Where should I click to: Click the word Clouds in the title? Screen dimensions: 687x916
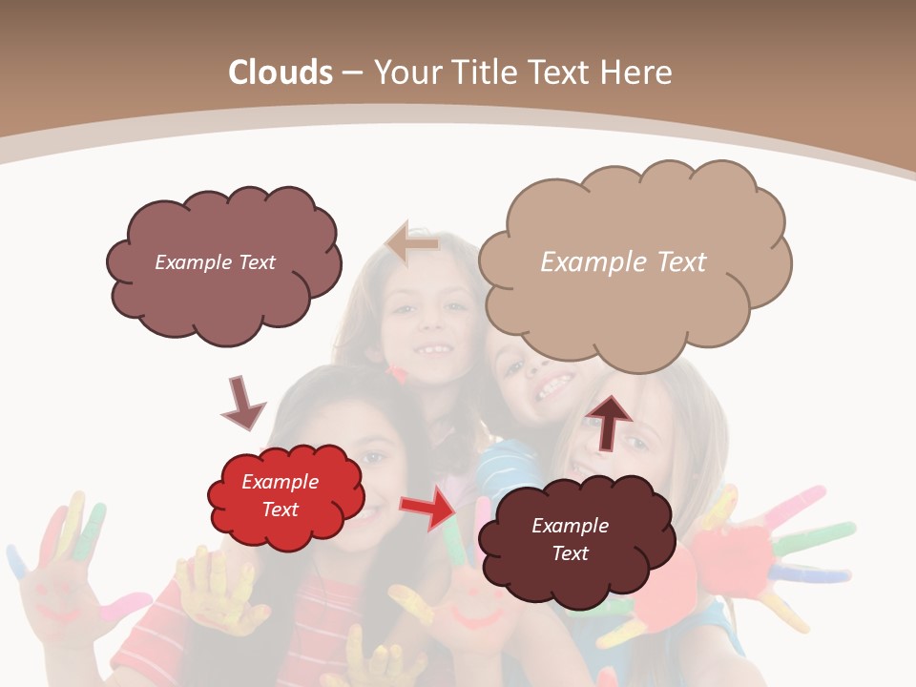pos(281,73)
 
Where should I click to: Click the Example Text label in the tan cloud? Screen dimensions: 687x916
pos(623,261)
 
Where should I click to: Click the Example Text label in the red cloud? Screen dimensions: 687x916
pos(280,495)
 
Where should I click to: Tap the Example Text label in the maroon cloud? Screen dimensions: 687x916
pos(570,539)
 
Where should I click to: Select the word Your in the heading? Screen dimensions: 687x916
pos(406,73)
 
